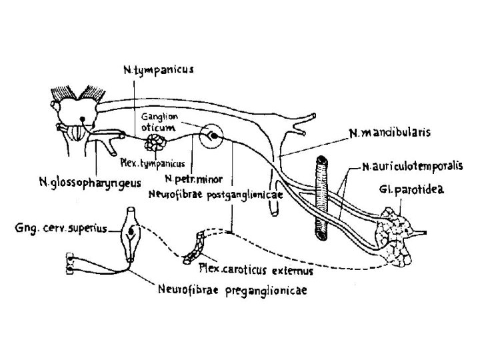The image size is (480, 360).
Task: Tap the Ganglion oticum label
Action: [158, 122]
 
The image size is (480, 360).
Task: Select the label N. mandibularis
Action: [390, 133]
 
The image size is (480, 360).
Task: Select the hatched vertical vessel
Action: [321, 193]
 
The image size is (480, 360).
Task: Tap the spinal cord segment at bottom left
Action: [70, 265]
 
